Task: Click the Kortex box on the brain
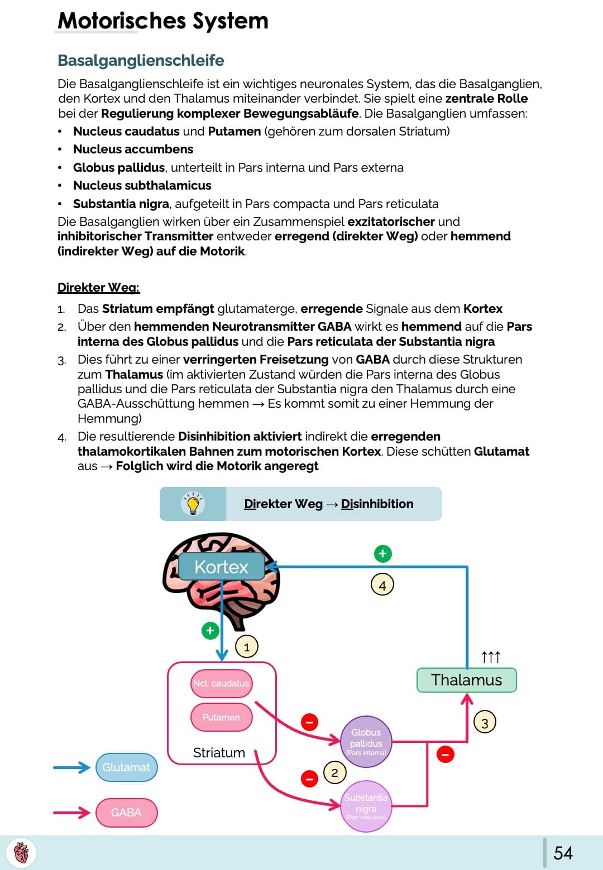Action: (221, 567)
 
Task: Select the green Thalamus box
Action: (466, 680)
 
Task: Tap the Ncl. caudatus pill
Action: (221, 683)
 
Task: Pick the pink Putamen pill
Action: (221, 717)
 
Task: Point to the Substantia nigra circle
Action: (366, 806)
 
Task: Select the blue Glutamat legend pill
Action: (126, 767)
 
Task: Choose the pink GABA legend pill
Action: (126, 813)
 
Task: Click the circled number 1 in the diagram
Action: (247, 647)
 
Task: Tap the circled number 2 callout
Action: (334, 773)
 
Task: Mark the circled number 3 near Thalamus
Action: (485, 723)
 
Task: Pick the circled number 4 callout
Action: (382, 585)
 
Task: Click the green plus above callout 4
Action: (382, 554)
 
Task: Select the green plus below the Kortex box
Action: (210, 631)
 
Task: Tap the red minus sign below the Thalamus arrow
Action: (445, 755)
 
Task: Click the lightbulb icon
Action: (193, 504)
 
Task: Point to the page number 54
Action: (563, 853)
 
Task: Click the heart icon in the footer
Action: (21, 853)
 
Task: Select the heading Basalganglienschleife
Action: (141, 60)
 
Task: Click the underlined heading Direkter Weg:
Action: (98, 288)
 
